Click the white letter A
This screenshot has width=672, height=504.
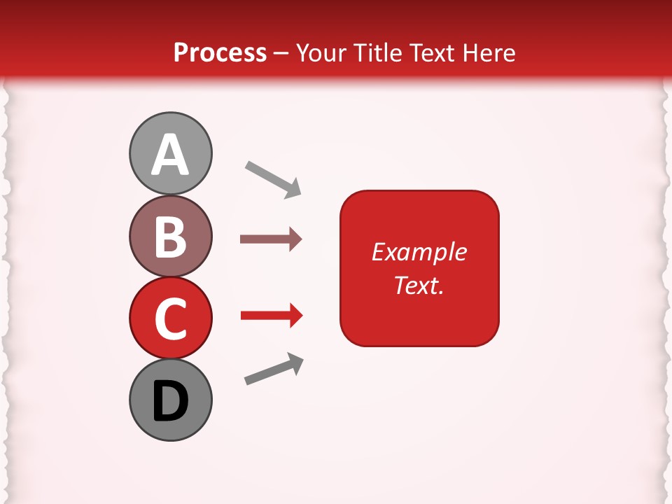tap(171, 155)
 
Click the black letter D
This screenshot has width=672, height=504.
tap(171, 401)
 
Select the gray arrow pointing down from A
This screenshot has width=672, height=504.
tap(273, 179)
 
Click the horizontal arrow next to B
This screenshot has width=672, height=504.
tap(270, 239)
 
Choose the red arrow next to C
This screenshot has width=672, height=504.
tap(271, 316)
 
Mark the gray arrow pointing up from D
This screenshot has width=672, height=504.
tap(274, 370)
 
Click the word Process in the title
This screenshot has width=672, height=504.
tap(220, 53)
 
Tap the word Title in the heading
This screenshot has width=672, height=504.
tap(379, 53)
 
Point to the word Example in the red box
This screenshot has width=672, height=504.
tap(419, 252)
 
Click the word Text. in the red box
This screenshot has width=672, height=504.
tap(419, 285)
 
